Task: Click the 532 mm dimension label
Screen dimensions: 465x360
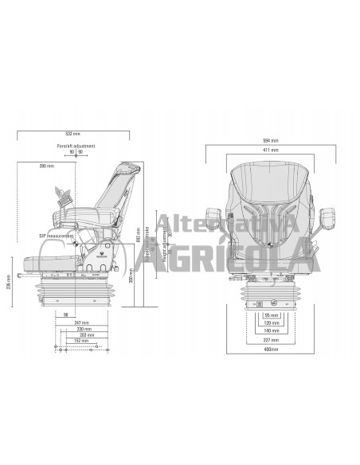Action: point(75,133)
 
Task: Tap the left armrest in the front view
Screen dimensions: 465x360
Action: point(214,217)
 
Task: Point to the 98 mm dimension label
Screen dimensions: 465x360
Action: point(65,314)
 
